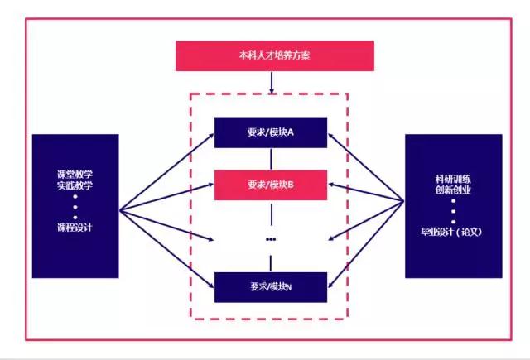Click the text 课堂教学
[74, 175]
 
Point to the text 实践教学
[74, 186]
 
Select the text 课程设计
[74, 228]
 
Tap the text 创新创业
[453, 190]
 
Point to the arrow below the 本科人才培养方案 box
[272, 82]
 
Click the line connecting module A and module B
[272, 158]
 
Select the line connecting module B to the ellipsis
[272, 213]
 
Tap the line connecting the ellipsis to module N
[272, 260]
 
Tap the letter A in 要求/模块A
[291, 132]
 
